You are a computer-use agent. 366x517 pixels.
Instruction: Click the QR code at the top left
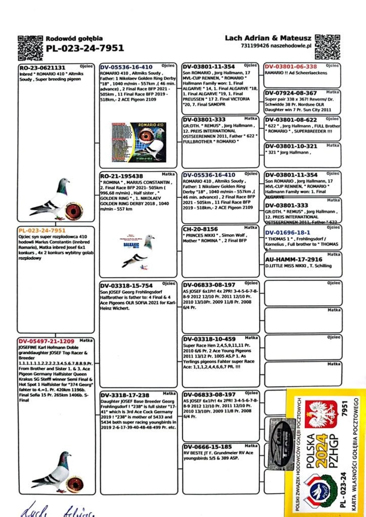[30, 48]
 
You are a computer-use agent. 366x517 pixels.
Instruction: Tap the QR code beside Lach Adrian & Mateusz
[327, 47]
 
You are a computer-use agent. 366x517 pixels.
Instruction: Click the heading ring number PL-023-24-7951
[85, 48]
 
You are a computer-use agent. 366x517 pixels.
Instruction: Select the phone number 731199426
[255, 46]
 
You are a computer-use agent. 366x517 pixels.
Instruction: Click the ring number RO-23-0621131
[42, 68]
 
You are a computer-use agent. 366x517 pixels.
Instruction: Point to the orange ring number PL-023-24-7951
[42, 230]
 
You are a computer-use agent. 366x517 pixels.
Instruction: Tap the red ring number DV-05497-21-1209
[46, 341]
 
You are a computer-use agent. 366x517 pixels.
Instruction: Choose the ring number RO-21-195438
[121, 176]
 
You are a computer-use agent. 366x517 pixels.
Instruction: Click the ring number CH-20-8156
[200, 229]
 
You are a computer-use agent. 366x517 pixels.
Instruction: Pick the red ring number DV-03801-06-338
[291, 67]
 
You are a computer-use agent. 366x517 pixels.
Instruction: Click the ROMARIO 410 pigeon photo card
[139, 142]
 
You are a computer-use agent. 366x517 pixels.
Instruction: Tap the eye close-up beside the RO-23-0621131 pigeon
[74, 211]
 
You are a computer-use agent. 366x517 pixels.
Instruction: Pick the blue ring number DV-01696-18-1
[288, 233]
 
